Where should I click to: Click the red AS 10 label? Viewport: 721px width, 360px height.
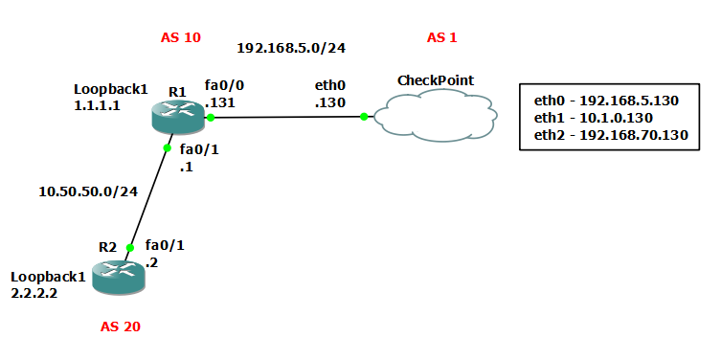181,38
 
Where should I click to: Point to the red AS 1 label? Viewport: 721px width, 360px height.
442,38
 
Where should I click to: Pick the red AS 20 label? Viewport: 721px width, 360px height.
121,326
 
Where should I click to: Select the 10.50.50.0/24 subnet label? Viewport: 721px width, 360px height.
88,191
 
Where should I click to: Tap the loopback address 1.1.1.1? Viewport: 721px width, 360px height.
97,105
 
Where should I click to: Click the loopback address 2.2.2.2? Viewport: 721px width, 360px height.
34,293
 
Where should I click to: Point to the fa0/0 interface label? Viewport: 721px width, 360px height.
223,84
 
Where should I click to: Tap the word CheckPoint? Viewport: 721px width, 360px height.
435,80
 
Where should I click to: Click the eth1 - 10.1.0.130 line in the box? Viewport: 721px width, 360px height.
594,117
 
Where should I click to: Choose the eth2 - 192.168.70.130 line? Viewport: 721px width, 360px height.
611,135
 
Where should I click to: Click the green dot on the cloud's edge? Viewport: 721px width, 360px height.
364,117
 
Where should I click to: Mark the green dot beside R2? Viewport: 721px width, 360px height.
131,247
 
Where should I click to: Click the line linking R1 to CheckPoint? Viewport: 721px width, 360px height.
287,117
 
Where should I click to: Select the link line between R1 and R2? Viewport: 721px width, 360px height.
149,197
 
